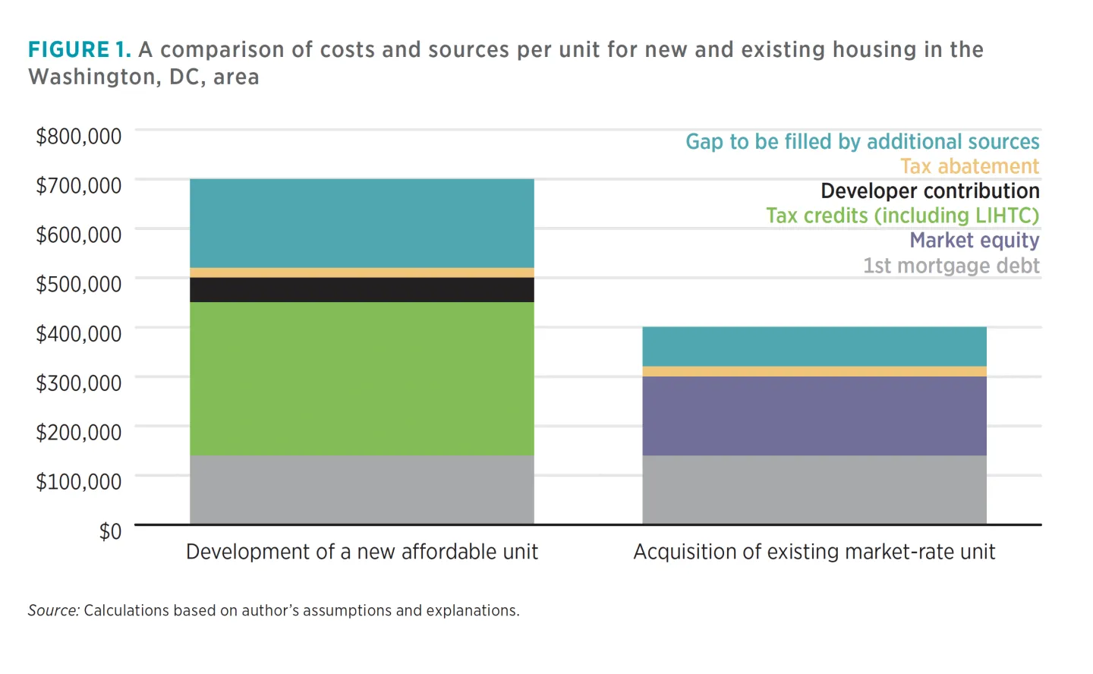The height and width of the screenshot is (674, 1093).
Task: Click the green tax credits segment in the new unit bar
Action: pos(361,379)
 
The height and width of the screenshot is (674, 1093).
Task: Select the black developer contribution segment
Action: pos(361,290)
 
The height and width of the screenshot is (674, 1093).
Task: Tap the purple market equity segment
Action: pos(814,416)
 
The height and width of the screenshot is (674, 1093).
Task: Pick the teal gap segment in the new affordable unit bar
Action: pos(361,223)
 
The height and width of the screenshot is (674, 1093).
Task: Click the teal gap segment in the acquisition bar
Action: pos(814,346)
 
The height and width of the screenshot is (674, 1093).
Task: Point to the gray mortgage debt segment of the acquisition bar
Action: pos(814,490)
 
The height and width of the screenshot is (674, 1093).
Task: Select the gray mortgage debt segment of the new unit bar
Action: pos(361,490)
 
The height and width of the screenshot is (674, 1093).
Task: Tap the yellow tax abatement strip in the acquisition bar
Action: pos(814,371)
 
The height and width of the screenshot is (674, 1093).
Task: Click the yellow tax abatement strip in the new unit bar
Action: pos(361,272)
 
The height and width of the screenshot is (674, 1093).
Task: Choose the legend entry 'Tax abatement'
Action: pos(969,166)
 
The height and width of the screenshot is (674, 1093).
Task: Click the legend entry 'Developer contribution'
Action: pos(930,191)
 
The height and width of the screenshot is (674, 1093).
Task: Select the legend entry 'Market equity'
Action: pos(974,241)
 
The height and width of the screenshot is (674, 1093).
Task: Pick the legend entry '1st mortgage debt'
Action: pos(950,266)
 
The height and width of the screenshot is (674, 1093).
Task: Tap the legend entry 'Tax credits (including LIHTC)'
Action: pos(902,216)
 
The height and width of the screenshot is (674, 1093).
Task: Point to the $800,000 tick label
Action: pos(78,137)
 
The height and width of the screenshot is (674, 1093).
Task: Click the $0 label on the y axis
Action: pos(110,531)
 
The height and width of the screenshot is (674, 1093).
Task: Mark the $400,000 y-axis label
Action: pos(78,334)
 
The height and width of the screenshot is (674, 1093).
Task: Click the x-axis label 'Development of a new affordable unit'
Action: pos(361,552)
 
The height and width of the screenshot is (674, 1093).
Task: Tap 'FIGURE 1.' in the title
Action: pos(79,50)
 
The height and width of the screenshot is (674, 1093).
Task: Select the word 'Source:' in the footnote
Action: pos(53,610)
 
